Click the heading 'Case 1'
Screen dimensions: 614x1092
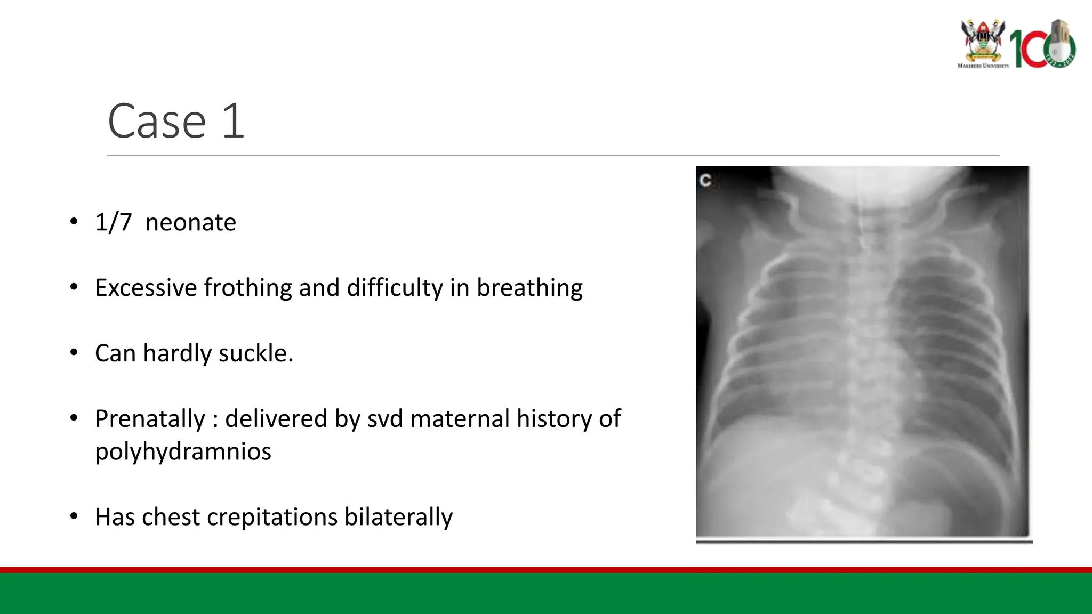click(176, 121)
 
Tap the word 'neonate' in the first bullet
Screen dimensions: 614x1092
click(190, 222)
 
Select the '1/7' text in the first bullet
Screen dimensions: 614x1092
click(113, 222)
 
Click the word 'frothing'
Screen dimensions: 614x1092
click(248, 288)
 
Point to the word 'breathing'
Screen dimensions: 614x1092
click(529, 288)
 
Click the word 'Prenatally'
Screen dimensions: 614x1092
click(150, 419)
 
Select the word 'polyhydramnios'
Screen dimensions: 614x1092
click(183, 451)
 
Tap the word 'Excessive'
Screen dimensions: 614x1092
click(146, 288)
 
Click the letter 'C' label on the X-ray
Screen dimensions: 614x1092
click(705, 181)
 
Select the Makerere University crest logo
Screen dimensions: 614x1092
click(983, 42)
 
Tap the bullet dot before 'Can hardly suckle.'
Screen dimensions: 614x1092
click(74, 353)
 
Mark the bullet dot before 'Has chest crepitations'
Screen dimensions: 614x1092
click(74, 516)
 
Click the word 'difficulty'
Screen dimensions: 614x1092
click(395, 288)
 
